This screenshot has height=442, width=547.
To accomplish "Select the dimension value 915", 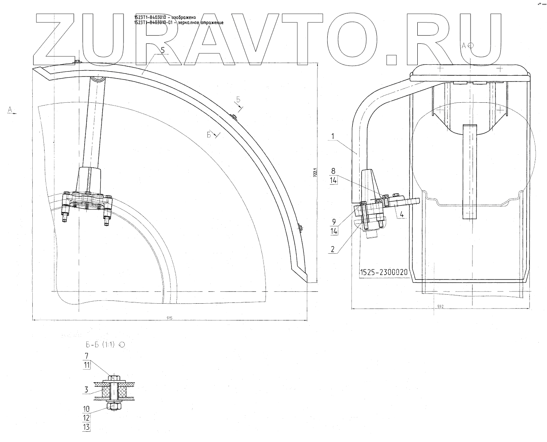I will point(169,318).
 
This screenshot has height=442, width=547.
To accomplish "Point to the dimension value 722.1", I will point(315,172).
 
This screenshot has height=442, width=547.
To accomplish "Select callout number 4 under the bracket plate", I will point(402,214).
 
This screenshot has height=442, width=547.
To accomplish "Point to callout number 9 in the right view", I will point(333,222).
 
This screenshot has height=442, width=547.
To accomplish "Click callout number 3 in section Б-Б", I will point(86,390).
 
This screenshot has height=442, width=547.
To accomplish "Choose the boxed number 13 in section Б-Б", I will point(86,427).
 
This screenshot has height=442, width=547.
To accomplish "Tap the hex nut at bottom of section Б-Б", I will point(113,406).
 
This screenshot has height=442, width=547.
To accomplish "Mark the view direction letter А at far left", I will point(10,109).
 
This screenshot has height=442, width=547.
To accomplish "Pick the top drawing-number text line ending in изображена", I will point(165,17).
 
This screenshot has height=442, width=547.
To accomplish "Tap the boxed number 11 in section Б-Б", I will point(86,365).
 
